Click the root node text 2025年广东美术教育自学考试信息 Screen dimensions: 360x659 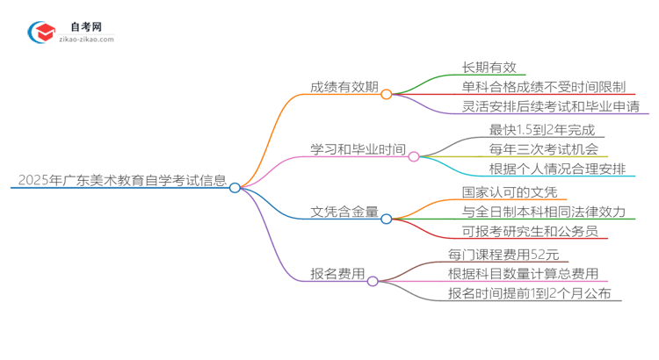(x=121, y=181)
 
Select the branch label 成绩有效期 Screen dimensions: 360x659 (x=344, y=87)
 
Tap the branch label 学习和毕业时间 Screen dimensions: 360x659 (x=358, y=149)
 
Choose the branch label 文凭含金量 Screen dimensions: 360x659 (x=344, y=212)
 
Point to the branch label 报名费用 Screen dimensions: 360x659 (x=337, y=274)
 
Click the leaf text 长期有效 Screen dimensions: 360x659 (x=494, y=67)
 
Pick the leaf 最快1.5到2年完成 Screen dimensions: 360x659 (x=538, y=129)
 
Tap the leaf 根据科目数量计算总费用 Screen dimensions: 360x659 (x=524, y=274)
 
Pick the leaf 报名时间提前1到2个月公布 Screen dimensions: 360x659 (x=530, y=294)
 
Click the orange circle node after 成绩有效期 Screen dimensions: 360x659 (x=387, y=93)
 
